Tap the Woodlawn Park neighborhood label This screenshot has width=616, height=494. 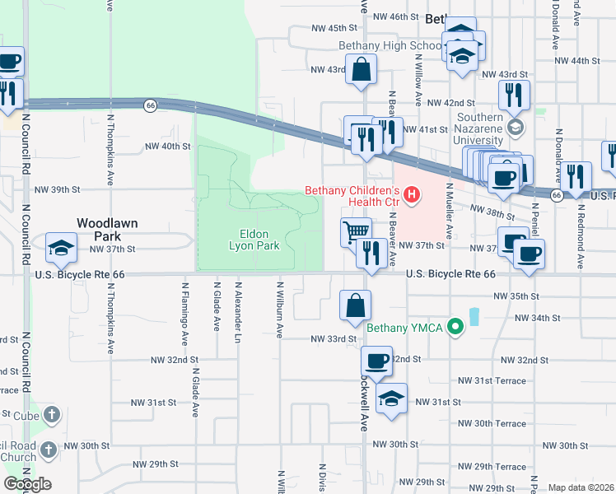pyautogui.click(x=107, y=230)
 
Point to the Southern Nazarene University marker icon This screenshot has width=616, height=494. pyautogui.click(x=516, y=127)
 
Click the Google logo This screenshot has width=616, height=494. pyautogui.click(x=27, y=484)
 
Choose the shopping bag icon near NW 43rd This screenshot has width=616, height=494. pyautogui.click(x=362, y=71)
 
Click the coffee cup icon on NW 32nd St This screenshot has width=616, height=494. pyautogui.click(x=377, y=361)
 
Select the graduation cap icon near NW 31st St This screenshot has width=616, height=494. pyautogui.click(x=391, y=399)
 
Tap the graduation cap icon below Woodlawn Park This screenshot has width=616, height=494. pyautogui.click(x=62, y=248)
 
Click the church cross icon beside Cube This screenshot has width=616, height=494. pyautogui.click(x=51, y=414)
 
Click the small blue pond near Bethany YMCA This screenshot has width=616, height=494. pyautogui.click(x=474, y=316)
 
